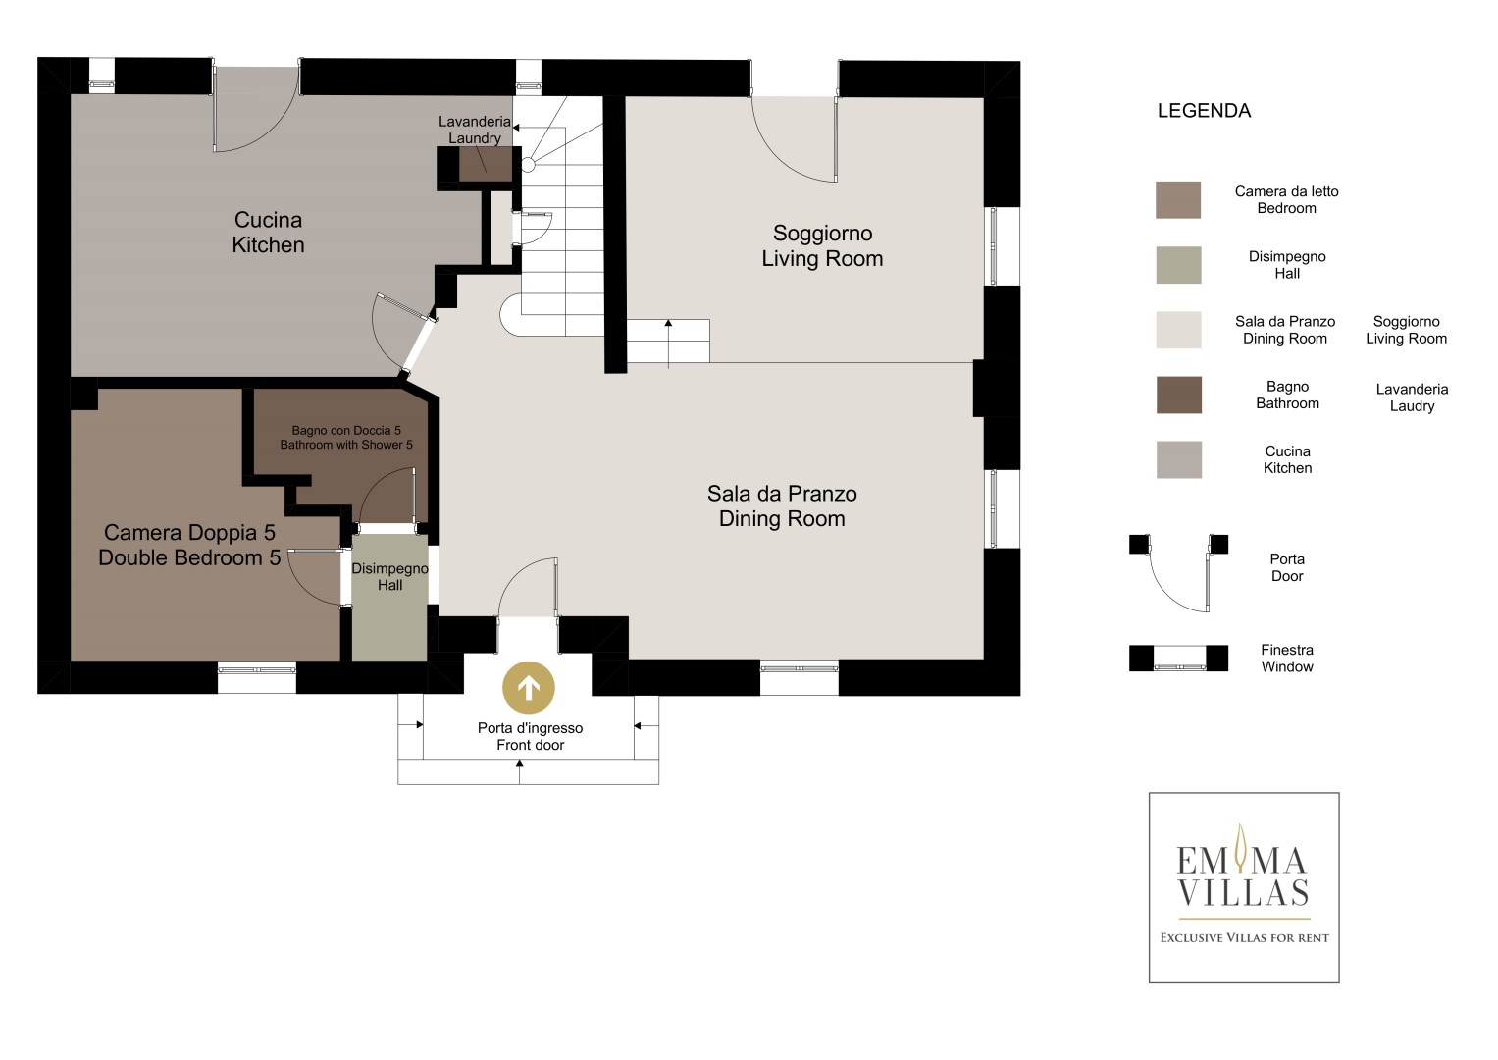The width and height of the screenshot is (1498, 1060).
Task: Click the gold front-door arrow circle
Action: point(529,687)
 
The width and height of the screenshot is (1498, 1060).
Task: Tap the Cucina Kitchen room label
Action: point(268,233)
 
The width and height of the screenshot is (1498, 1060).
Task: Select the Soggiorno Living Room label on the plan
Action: point(822,245)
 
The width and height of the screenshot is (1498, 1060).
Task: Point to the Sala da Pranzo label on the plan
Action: point(782,505)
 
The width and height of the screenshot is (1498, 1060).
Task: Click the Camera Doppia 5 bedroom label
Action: point(189,545)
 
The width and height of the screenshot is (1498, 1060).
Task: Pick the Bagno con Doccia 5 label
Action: point(345,438)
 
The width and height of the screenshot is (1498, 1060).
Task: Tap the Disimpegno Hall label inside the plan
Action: point(389,577)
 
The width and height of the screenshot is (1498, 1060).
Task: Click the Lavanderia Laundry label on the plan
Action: point(475,130)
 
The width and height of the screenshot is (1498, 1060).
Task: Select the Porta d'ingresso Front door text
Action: point(530,736)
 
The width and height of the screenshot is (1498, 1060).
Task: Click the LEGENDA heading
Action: point(1204,110)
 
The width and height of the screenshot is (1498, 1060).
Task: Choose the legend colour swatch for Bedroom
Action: point(1177,199)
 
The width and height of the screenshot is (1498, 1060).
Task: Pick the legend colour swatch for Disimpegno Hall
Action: point(1178,265)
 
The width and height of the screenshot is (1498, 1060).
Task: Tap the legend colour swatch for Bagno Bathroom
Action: point(1178,395)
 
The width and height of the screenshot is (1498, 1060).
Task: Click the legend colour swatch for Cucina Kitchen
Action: point(1178,459)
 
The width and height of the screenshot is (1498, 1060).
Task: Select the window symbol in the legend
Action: point(1178,658)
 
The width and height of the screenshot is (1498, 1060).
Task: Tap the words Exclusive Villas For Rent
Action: point(1244,938)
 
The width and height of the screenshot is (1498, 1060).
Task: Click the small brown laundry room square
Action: point(485,164)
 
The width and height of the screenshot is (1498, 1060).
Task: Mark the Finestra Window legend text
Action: point(1287,658)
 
